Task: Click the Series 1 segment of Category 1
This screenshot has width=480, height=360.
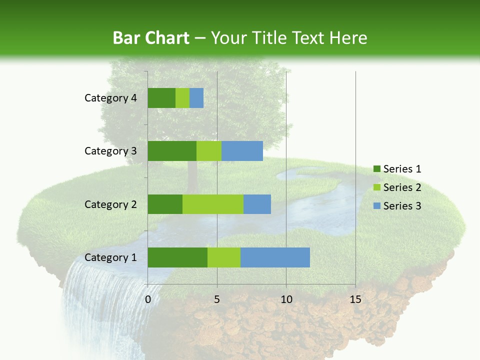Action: pyautogui.click(x=177, y=257)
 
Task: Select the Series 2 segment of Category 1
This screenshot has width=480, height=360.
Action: pyautogui.click(x=224, y=257)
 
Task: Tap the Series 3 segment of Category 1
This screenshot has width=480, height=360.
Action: pyautogui.click(x=275, y=257)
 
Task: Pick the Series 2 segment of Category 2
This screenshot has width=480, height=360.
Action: pyautogui.click(x=213, y=204)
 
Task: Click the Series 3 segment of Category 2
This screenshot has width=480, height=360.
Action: pyautogui.click(x=257, y=204)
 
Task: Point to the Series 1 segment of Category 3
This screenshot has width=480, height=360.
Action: pyautogui.click(x=172, y=151)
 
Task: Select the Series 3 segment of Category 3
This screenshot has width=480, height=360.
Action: pyautogui.click(x=242, y=151)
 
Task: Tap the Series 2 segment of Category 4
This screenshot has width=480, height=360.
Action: pyautogui.click(x=182, y=98)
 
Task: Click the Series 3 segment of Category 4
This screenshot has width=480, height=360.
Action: pyautogui.click(x=196, y=98)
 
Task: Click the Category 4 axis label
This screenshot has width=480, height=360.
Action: pyautogui.click(x=110, y=98)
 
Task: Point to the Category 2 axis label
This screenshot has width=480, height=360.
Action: pyautogui.click(x=110, y=204)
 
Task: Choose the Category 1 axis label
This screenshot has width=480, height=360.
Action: pyautogui.click(x=110, y=257)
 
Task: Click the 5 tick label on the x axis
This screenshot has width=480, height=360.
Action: pyautogui.click(x=217, y=299)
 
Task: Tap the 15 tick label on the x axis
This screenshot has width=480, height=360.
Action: pyautogui.click(x=355, y=299)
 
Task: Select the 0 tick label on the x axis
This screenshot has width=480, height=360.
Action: pyautogui.click(x=148, y=299)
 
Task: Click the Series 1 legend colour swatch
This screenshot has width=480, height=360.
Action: pyautogui.click(x=376, y=169)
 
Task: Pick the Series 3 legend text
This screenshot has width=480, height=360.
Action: pyautogui.click(x=402, y=205)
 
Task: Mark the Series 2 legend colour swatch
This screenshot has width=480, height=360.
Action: pyautogui.click(x=376, y=187)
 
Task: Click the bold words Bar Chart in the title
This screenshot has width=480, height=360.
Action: pyautogui.click(x=150, y=38)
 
